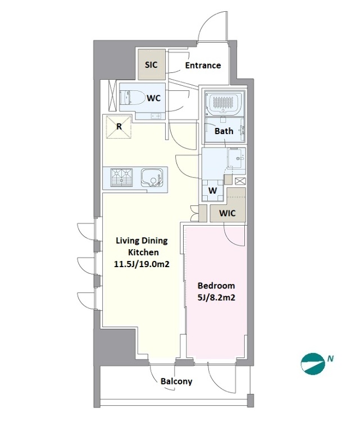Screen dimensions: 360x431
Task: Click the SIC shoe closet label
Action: point(151,65)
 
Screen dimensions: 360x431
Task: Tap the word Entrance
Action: point(203,66)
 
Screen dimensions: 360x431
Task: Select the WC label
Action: point(154,98)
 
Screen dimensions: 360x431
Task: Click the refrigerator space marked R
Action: point(119,127)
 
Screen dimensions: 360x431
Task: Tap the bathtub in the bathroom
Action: point(225,104)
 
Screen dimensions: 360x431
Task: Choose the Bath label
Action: point(224,131)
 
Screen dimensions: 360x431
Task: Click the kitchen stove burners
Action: point(121,177)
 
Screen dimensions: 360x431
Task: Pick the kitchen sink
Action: point(152,178)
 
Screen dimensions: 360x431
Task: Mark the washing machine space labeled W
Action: point(213,190)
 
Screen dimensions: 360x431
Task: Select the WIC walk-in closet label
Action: point(227,213)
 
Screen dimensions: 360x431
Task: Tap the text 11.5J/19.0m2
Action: point(142,264)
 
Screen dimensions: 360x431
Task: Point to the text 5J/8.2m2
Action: point(216,297)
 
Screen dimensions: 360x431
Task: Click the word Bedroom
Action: point(216,286)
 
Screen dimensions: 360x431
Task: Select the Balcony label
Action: point(176,381)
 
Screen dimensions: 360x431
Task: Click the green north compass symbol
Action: point(313,364)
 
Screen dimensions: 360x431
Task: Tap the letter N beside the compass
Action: point(330,359)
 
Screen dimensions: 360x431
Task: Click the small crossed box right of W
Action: point(240,181)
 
